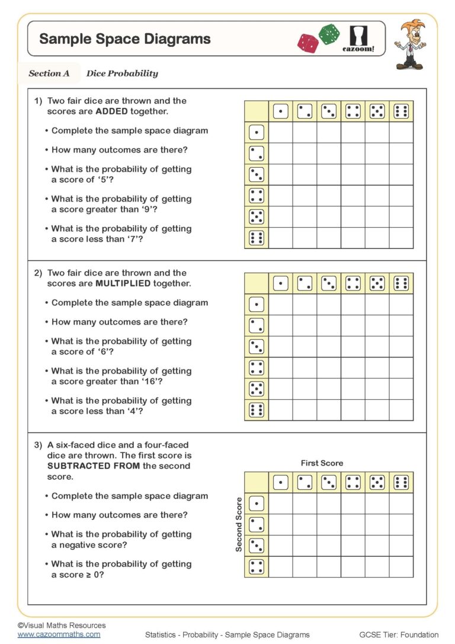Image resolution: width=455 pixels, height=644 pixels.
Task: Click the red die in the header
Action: (x=308, y=43)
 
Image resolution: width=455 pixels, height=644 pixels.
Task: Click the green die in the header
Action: (x=329, y=34)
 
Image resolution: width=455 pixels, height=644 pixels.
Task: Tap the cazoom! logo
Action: (x=358, y=39)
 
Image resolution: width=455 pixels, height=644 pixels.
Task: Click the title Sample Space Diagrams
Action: (x=124, y=39)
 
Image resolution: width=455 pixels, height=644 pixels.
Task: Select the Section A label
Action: (x=49, y=74)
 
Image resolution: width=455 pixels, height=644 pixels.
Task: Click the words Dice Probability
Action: (x=122, y=74)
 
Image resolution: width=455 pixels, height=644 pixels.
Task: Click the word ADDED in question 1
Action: (x=91, y=111)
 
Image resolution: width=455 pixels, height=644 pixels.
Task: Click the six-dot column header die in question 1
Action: (x=401, y=111)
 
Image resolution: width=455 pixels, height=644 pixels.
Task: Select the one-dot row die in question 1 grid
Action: (x=257, y=132)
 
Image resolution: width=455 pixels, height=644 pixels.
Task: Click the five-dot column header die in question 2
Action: (x=377, y=283)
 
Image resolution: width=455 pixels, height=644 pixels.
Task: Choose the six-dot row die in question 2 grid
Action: (x=257, y=410)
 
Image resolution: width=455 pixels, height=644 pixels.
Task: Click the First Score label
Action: (x=322, y=463)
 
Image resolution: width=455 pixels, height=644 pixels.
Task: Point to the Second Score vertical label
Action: (x=239, y=524)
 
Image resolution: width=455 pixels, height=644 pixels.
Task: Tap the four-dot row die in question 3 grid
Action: (x=257, y=566)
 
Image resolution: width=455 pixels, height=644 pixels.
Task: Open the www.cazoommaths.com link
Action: (x=59, y=635)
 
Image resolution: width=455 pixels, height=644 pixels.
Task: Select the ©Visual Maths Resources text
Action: (x=62, y=625)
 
